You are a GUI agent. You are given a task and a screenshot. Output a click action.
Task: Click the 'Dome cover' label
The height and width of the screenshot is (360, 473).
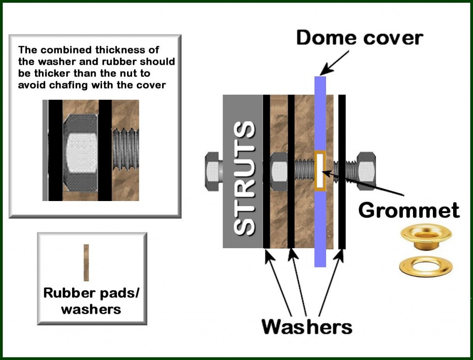[359, 38]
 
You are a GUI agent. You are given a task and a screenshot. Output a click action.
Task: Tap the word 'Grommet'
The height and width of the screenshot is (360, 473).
[409, 210]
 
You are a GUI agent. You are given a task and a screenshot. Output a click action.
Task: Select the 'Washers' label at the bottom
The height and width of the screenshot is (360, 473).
[307, 327]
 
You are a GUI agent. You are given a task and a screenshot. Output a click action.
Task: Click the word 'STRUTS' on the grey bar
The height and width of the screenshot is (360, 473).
[244, 178]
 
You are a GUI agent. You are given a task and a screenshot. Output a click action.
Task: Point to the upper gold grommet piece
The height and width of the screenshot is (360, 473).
[426, 236]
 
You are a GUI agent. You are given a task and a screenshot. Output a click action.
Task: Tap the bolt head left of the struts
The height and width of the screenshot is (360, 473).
[213, 171]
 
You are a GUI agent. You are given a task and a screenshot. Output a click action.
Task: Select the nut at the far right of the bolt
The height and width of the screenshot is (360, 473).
[366, 171]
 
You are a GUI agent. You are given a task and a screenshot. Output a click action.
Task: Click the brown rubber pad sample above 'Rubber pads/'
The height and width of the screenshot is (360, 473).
[86, 262]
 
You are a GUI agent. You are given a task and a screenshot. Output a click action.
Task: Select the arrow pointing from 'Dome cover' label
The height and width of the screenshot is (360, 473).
[334, 63]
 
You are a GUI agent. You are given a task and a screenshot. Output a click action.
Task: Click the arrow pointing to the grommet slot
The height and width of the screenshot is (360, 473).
[363, 184]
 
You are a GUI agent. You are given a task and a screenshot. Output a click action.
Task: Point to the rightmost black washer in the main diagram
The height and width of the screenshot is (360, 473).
[341, 172]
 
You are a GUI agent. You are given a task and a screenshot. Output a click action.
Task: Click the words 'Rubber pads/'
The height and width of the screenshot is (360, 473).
[91, 293]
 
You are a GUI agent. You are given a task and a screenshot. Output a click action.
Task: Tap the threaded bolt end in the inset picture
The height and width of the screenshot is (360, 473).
[126, 149]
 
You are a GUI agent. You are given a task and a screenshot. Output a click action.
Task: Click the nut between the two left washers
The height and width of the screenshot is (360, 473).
[279, 171]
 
